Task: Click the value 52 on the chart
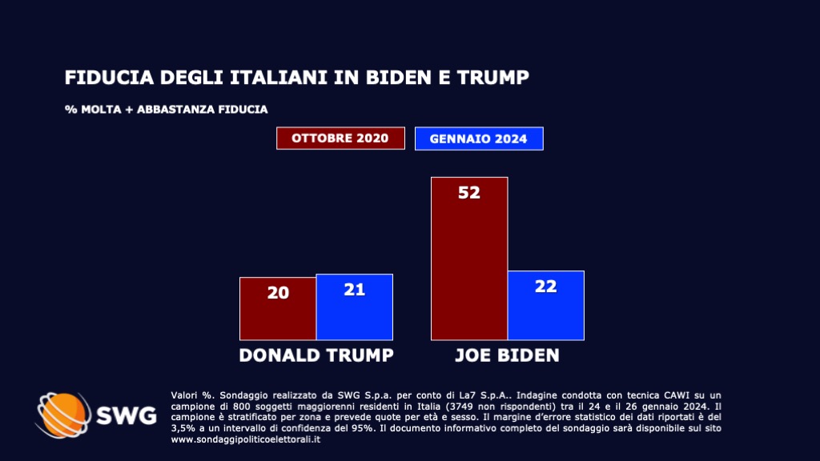469,193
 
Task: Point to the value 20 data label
278,293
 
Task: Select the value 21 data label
355,290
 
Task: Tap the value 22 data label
546,286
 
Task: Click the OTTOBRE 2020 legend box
340,138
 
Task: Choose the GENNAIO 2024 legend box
479,138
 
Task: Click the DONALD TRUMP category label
316,355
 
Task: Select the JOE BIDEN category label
507,355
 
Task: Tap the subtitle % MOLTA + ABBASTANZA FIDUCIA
166,109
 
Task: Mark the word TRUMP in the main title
495,78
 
